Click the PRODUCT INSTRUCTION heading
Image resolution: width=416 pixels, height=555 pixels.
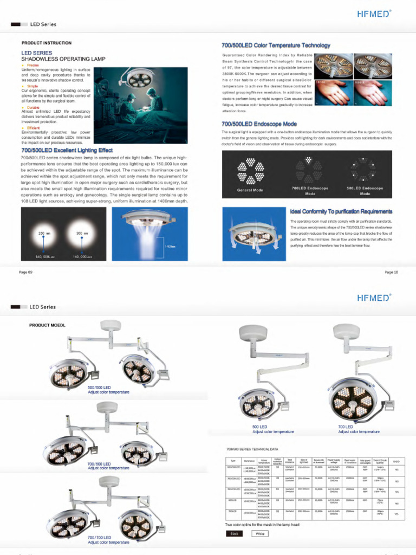pyautogui.click(x=46, y=43)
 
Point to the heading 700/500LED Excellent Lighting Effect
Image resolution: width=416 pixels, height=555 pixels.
pyautogui.click(x=67, y=150)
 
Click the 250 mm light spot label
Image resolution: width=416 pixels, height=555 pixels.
pyautogui.click(x=44, y=233)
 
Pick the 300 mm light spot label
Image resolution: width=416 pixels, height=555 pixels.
pyautogui.click(x=81, y=233)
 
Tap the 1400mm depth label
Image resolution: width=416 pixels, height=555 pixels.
pyautogui.click(x=170, y=247)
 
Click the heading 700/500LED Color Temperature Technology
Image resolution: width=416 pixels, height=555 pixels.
pyautogui.click(x=276, y=46)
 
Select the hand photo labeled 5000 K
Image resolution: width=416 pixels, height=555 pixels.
pyautogui.click(x=373, y=92)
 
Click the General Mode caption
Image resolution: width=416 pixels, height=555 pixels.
pyautogui.click(x=250, y=190)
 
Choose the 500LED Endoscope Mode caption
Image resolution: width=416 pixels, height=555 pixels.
pyautogui.click(x=365, y=191)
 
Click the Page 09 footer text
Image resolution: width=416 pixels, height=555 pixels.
pyautogui.click(x=26, y=272)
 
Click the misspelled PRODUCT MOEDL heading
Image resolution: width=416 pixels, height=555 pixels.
pyautogui.click(x=47, y=325)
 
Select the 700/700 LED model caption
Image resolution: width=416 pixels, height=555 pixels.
pyautogui.click(x=99, y=537)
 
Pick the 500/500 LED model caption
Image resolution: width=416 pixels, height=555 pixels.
pyautogui.click(x=99, y=388)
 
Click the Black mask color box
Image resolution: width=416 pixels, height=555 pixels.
pyautogui.click(x=234, y=533)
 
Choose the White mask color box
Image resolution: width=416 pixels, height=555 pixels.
pyautogui.click(x=260, y=533)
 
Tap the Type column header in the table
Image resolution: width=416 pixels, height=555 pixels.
pyautogui.click(x=233, y=461)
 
